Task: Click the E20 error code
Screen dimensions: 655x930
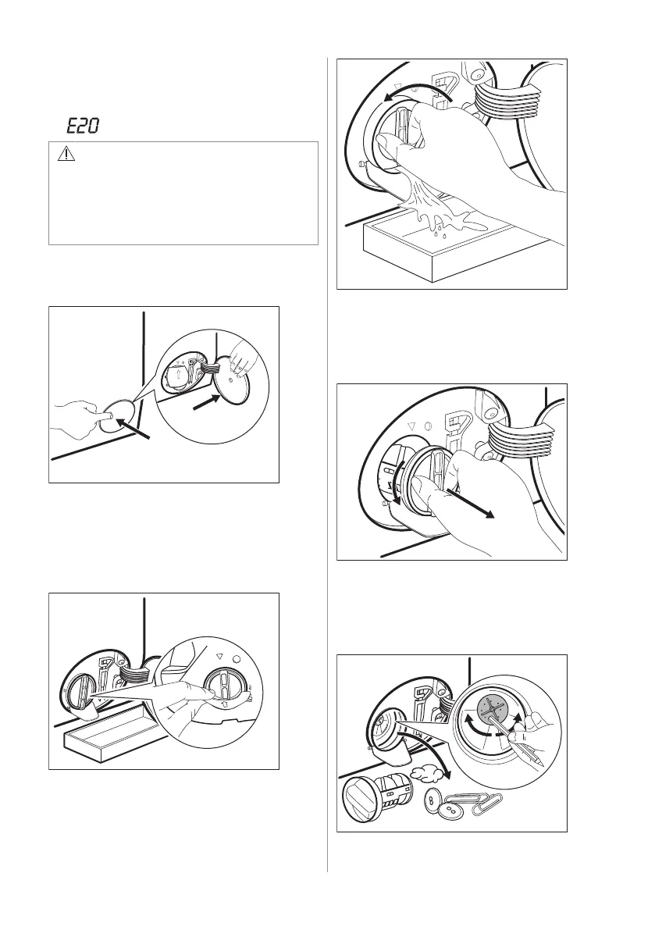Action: coord(82,126)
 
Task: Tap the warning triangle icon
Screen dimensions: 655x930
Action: coord(66,155)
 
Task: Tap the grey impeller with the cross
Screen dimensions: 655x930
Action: coord(493,708)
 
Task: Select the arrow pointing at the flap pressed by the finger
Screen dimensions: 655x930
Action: coord(133,429)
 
